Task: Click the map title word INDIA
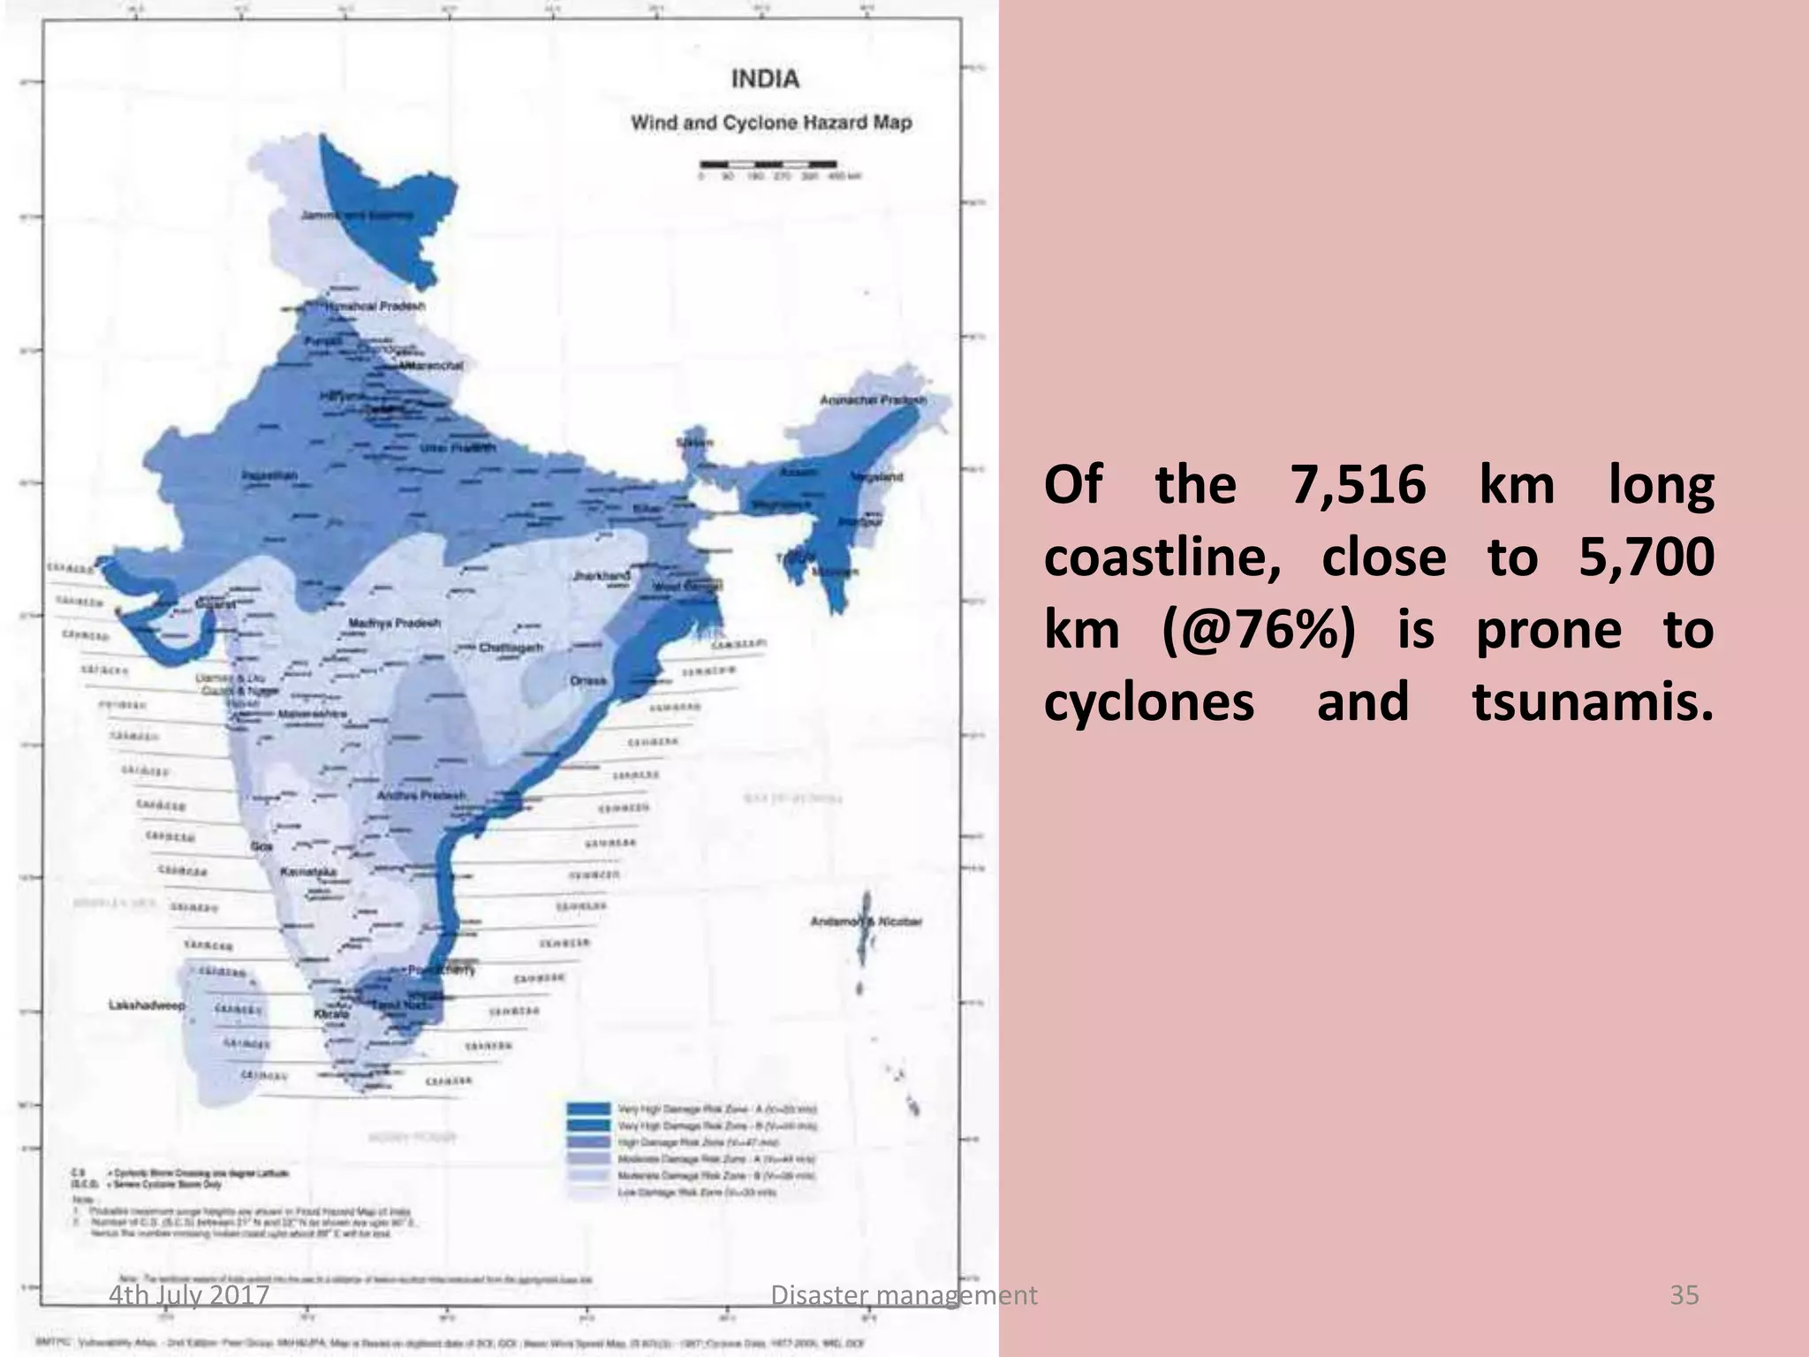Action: click(765, 80)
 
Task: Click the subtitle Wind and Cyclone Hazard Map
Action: click(770, 123)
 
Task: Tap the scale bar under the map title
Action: click(768, 164)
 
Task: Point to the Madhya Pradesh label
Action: click(394, 624)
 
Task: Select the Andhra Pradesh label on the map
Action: click(420, 795)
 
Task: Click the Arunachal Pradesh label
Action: click(873, 400)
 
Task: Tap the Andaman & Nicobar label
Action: click(866, 921)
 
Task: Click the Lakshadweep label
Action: click(147, 1005)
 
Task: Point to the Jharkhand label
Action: click(602, 575)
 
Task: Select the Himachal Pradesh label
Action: click(375, 306)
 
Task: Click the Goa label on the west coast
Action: click(261, 846)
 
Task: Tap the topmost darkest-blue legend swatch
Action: click(588, 1109)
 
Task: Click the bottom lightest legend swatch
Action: click(588, 1192)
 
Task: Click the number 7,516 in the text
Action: click(1358, 485)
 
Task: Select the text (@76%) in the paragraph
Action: click(1258, 631)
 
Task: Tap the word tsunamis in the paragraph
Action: click(1592, 703)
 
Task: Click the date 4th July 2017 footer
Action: click(189, 1295)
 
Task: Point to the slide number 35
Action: click(1684, 1295)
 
